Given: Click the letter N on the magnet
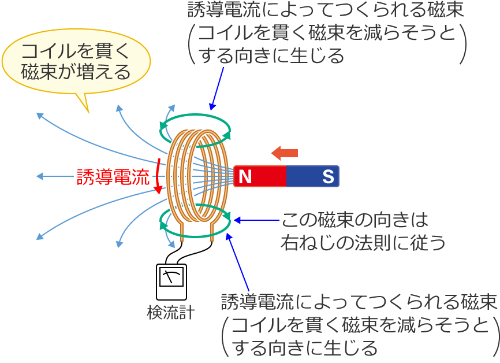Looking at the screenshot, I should click(245, 177).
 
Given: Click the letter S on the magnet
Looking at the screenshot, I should click(328, 177).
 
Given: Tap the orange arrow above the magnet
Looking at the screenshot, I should click(285, 153).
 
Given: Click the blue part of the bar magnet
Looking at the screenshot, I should click(312, 177).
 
